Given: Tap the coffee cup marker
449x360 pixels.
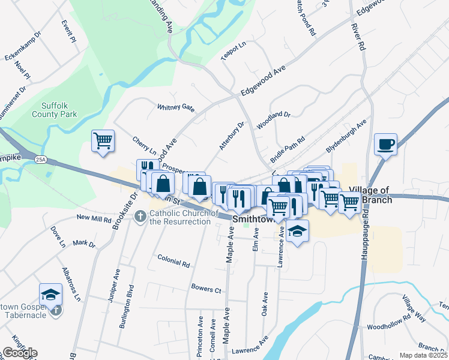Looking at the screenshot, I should (385, 144).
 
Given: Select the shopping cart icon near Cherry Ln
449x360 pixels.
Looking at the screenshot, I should (103, 141).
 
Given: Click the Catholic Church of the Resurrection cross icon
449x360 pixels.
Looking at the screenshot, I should (141, 215).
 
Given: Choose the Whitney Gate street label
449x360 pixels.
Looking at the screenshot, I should (176, 107).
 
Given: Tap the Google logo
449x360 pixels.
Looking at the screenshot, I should (19, 353).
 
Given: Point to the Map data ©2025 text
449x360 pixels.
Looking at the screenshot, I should (424, 355).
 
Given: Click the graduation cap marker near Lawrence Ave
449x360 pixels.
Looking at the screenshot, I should (297, 231).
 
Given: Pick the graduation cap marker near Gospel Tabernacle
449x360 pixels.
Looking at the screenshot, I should (51, 295).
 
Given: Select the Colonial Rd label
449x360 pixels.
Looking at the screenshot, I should (173, 260).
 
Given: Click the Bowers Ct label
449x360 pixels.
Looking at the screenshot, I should (206, 289).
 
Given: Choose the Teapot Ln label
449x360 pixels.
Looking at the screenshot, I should (234, 51).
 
